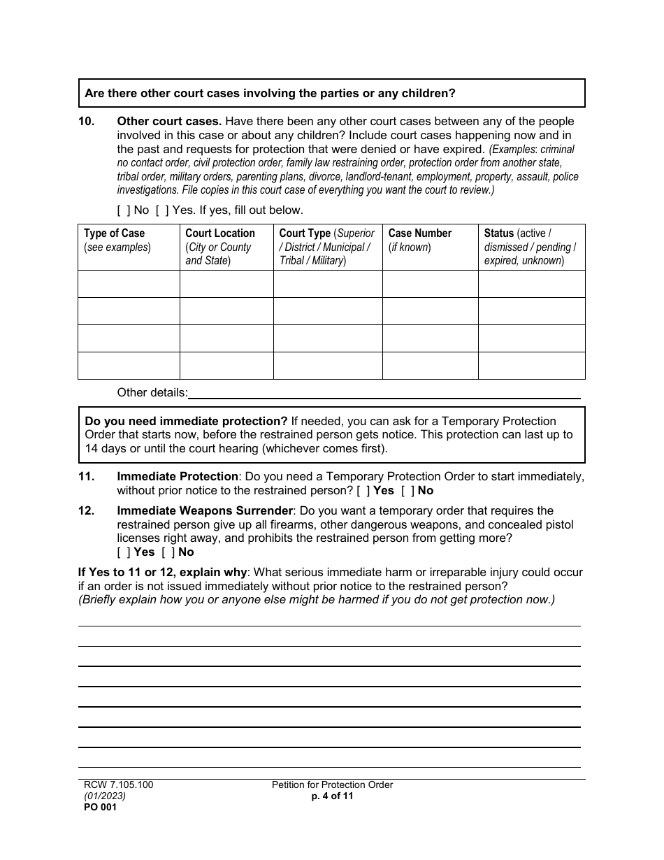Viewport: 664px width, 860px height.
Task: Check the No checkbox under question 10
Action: click(x=124, y=210)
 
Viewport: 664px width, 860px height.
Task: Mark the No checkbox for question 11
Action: click(x=407, y=491)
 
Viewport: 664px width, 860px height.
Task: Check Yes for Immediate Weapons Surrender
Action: click(x=124, y=552)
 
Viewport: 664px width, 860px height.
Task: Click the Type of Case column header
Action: click(x=114, y=234)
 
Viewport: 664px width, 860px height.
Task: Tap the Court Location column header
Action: click(x=219, y=234)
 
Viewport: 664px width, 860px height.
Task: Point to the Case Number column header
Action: click(x=420, y=234)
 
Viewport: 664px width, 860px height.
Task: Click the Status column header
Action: click(x=498, y=234)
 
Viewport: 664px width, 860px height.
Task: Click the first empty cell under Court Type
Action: click(x=328, y=284)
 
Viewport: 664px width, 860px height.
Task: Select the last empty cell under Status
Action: click(x=531, y=366)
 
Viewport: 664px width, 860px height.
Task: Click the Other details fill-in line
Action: click(x=384, y=393)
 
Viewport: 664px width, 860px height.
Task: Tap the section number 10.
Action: click(x=86, y=122)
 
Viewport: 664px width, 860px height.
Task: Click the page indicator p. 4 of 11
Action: click(x=332, y=796)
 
